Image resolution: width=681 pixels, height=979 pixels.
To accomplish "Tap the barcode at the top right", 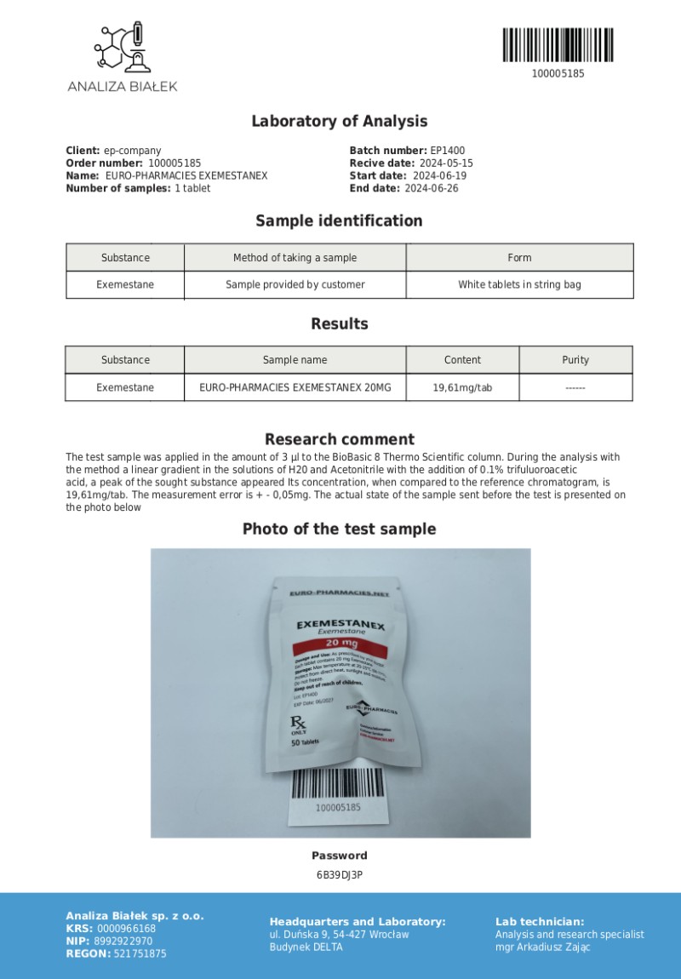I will (558, 44).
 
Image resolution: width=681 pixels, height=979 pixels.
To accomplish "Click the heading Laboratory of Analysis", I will (339, 121).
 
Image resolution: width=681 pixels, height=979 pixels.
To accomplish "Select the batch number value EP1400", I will (447, 151).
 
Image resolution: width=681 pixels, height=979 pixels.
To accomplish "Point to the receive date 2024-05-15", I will (445, 163).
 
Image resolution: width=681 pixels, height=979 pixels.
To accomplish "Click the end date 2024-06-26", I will (431, 188).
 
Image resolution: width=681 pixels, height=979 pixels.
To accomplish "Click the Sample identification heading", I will (339, 221).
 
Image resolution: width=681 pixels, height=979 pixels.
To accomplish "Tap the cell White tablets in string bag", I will (519, 284).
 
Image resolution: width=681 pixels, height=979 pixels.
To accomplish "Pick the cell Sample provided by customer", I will (295, 284).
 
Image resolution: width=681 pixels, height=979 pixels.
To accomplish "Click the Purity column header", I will (575, 360).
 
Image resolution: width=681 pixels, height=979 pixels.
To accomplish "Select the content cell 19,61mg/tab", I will (462, 387).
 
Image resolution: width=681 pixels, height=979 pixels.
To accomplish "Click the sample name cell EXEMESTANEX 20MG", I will (295, 387).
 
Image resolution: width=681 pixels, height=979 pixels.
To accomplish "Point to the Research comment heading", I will (339, 439).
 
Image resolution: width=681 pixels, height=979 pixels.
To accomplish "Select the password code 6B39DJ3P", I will (339, 874).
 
